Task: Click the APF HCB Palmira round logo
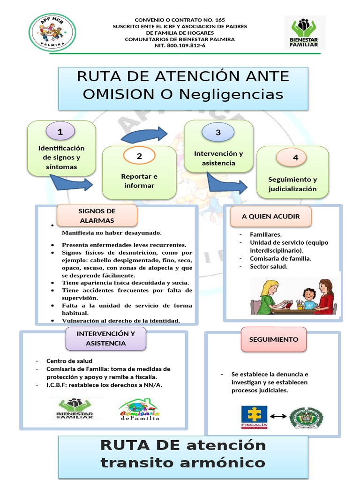coord(52,32)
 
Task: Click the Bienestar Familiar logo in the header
coord(305,33)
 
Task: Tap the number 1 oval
coord(60,132)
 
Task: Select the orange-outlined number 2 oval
coord(139,156)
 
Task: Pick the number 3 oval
coord(218,132)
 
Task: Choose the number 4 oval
coord(295,157)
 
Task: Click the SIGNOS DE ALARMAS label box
coord(97,216)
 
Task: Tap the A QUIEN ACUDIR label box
coord(270,216)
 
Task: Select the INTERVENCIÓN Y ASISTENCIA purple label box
coord(105,338)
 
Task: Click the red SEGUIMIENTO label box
coord(274,339)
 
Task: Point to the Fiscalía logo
coord(254,417)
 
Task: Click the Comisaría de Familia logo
coord(139,409)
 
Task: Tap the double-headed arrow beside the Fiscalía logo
coord(278,416)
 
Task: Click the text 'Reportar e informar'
coord(139,181)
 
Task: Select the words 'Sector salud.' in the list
coord(269,266)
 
